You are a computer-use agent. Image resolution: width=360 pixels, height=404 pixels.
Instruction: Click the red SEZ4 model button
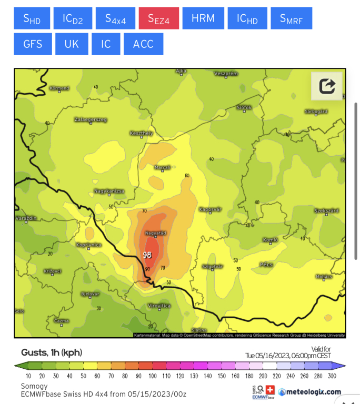tap(159, 18)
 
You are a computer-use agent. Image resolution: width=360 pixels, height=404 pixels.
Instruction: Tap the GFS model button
tap(33, 44)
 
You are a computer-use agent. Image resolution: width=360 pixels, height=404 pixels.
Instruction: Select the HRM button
tap(203, 18)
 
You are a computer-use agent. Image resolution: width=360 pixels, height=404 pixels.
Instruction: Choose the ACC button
tap(143, 44)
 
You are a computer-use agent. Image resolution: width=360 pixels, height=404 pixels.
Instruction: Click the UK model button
tap(72, 44)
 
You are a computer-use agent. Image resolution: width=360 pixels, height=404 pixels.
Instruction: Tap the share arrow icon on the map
tap(327, 85)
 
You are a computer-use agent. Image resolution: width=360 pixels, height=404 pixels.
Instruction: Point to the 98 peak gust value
tap(148, 255)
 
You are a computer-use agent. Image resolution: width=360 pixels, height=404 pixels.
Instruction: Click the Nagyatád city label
tap(156, 233)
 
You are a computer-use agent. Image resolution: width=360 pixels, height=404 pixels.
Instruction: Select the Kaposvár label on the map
tap(209, 209)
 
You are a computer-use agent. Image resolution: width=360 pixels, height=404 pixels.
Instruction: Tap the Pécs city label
tap(266, 264)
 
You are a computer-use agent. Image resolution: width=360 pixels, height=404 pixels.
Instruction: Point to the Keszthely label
tap(141, 133)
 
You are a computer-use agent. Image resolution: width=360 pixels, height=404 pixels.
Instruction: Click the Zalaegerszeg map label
tap(91, 120)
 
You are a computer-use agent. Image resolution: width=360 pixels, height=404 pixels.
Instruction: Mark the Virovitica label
tap(159, 305)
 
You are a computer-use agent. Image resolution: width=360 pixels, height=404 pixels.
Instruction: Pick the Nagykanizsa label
tap(109, 190)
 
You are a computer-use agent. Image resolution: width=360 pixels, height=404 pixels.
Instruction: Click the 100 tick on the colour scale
tap(153, 376)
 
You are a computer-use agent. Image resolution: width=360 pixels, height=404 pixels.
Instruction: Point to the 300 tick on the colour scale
tap(331, 376)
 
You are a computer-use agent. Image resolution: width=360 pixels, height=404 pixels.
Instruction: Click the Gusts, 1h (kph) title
tap(52, 352)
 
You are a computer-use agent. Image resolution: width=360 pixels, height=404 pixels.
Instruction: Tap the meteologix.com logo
tap(310, 392)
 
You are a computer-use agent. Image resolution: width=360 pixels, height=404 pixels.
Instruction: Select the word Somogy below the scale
tap(34, 386)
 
